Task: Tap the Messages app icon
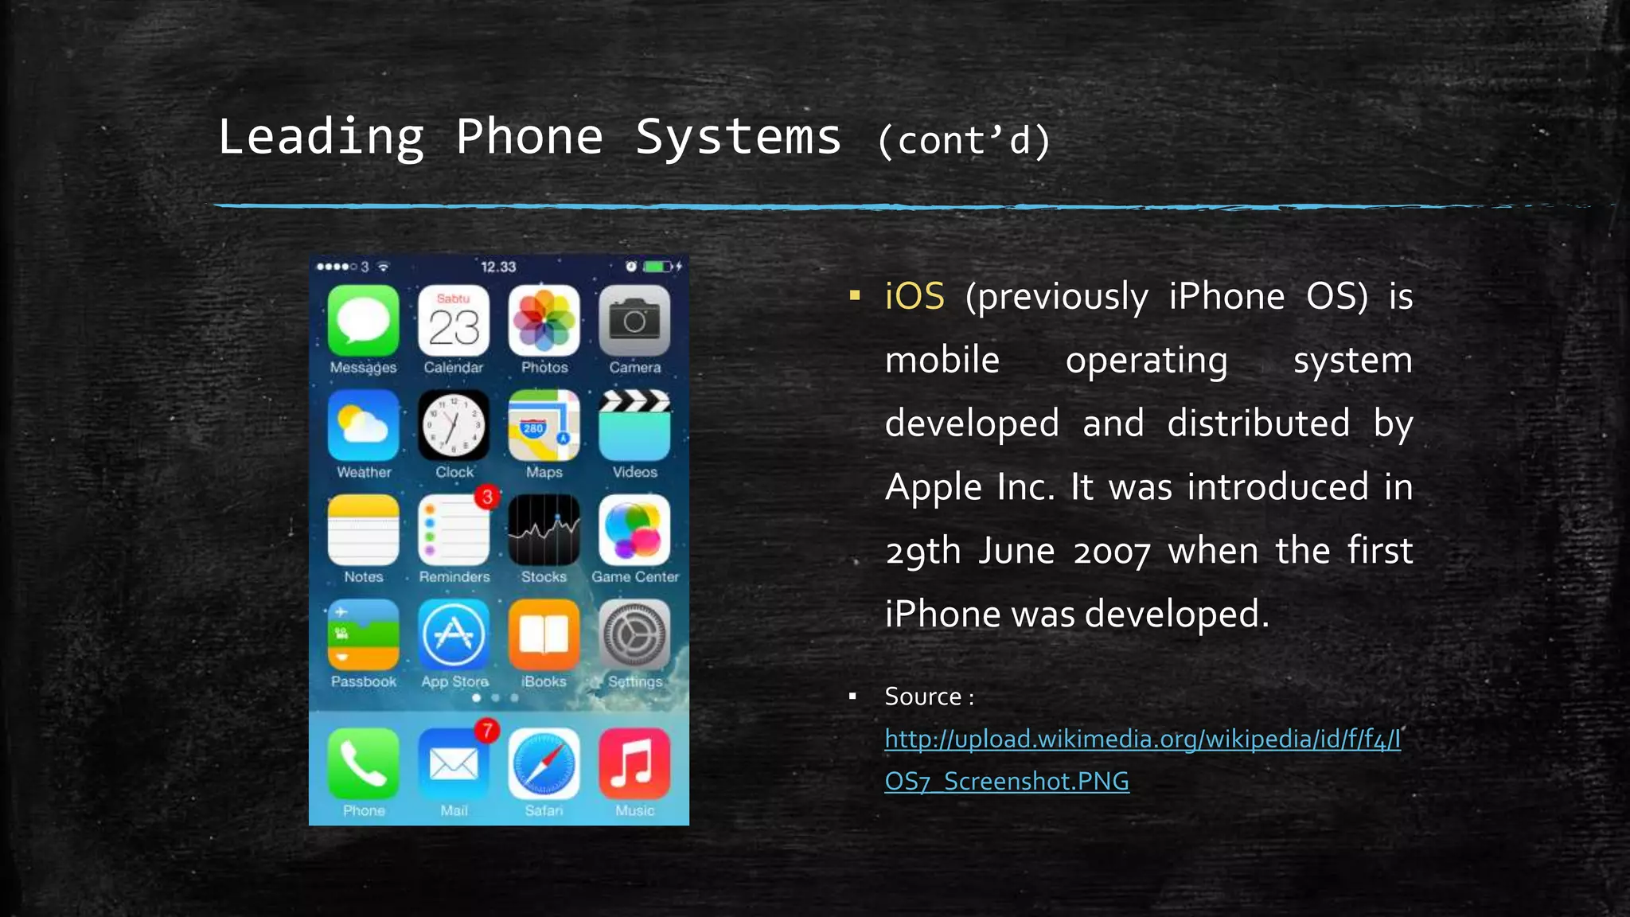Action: click(x=363, y=321)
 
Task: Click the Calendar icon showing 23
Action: click(x=454, y=321)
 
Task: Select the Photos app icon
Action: click(x=544, y=321)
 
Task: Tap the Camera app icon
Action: click(x=634, y=321)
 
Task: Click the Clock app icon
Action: click(x=454, y=425)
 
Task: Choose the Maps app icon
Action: click(x=544, y=425)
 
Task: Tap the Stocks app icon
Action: click(x=544, y=530)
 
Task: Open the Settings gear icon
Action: click(x=634, y=634)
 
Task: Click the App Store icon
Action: click(x=454, y=634)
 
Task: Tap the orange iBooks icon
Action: click(x=544, y=634)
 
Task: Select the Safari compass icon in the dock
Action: click(x=544, y=764)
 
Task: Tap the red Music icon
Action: click(x=634, y=764)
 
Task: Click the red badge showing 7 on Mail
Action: click(x=486, y=730)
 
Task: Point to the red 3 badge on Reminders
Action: click(x=487, y=498)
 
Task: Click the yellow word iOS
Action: click(x=914, y=296)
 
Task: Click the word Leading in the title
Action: click(x=321, y=137)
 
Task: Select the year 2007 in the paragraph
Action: click(x=1112, y=552)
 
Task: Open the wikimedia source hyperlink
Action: click(x=1142, y=739)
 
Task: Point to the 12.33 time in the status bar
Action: click(x=498, y=267)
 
